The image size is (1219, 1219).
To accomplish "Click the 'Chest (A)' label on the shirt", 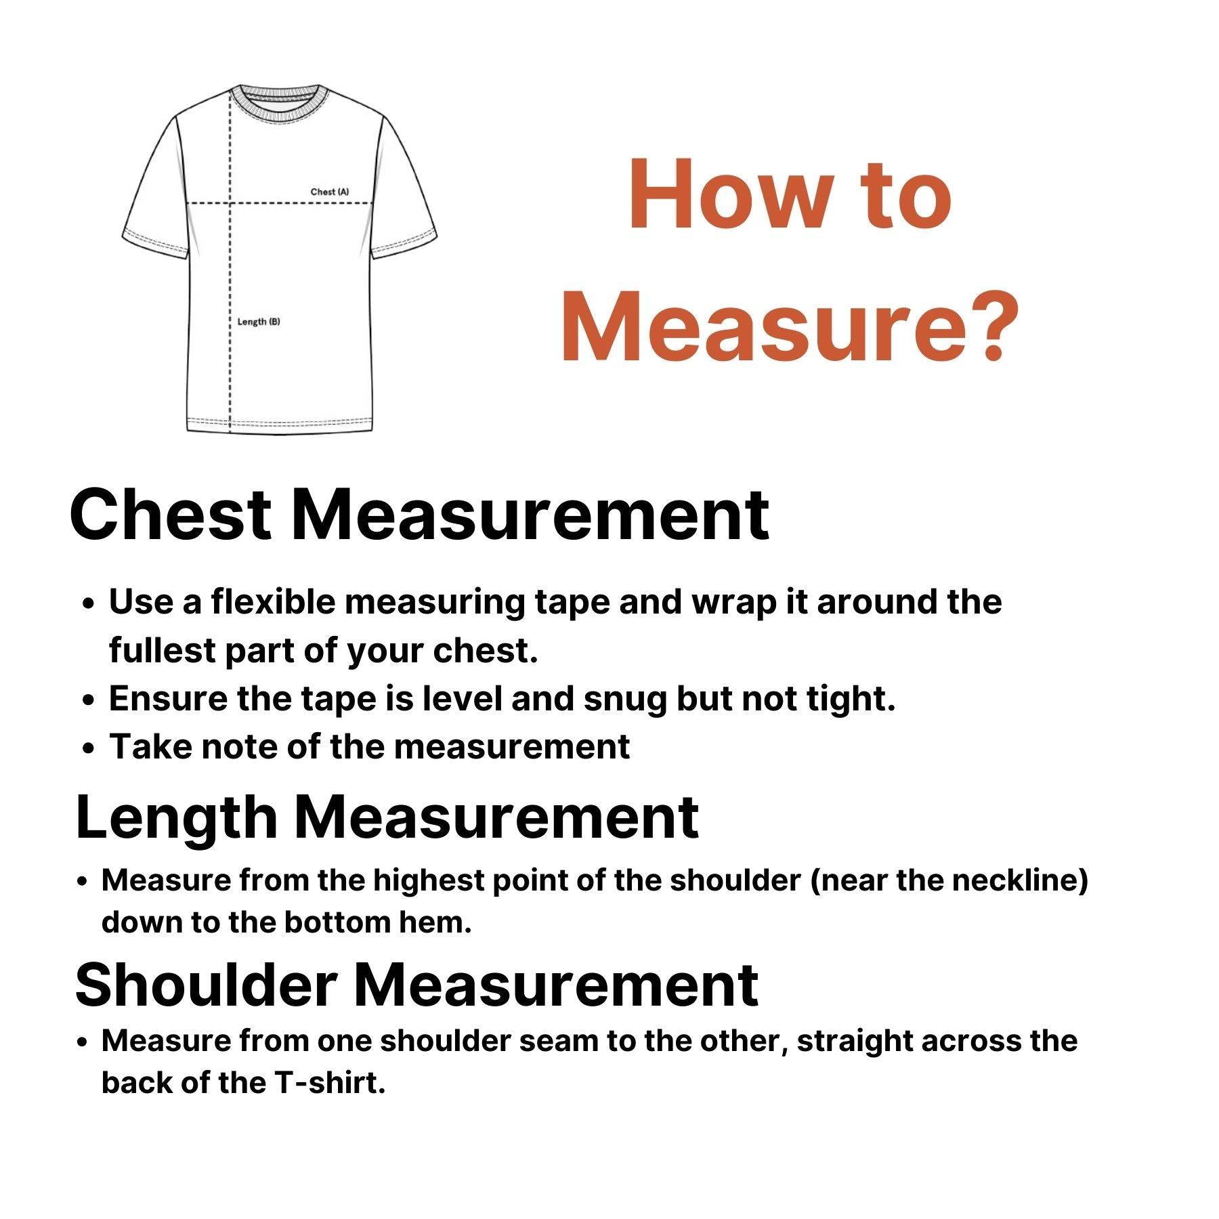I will point(330,192).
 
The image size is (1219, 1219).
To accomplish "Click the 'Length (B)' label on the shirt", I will point(258,321).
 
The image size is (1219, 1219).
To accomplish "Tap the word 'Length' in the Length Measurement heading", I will point(176,817).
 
